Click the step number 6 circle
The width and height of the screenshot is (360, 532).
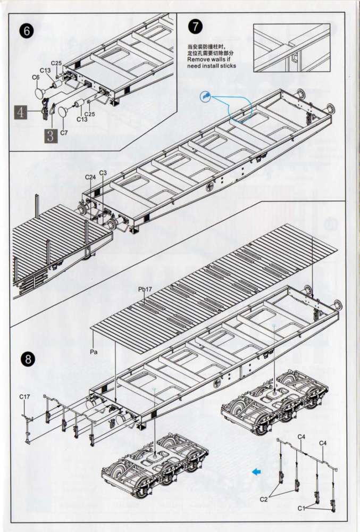tap(27, 30)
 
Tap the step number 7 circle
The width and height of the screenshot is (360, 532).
tap(195, 27)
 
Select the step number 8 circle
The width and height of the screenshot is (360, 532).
tap(28, 359)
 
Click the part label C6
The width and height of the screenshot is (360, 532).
tap(36, 77)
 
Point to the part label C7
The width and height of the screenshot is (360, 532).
tap(64, 132)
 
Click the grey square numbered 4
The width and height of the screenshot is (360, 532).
tap(21, 112)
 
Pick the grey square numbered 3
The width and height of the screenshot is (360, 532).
tap(51, 136)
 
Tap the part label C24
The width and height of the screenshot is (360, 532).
tap(90, 177)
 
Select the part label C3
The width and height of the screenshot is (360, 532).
tap(103, 173)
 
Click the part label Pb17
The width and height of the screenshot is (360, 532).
tap(145, 289)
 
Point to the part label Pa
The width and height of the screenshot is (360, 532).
tap(94, 352)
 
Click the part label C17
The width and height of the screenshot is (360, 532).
tap(25, 396)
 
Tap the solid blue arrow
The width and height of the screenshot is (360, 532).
tap(257, 471)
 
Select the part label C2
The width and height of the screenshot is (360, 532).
tap(264, 500)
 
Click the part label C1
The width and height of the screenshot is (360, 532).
tap(302, 508)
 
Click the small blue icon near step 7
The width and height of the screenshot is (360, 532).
tap(206, 97)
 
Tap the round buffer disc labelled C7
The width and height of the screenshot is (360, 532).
tap(63, 111)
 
